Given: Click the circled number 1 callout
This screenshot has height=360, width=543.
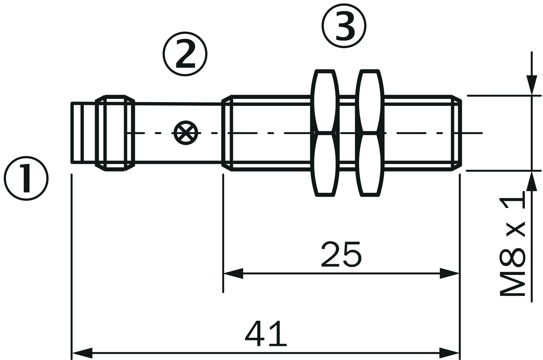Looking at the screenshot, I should click(26, 179).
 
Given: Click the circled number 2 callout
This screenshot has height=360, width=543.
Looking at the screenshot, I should click(185, 53).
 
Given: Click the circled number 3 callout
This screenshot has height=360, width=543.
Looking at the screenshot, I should click(344, 26).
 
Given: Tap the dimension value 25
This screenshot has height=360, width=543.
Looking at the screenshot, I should click(341, 254).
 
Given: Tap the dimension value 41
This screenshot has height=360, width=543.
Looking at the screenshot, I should click(266, 333).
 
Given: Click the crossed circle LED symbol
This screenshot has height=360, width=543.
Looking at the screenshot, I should click(186, 133).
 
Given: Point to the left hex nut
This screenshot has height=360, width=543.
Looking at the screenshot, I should click(325, 133).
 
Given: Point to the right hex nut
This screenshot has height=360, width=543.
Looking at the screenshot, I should click(370, 133).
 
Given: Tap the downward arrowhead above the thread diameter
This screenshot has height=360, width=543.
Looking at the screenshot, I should click(532, 85).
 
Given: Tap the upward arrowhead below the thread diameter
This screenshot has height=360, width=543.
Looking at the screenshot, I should click(532, 181).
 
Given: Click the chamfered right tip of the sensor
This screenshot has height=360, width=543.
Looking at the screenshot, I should click(456, 133).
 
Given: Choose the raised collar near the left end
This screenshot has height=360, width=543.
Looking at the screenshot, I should click(115, 133).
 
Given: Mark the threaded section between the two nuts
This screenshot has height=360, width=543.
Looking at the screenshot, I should click(348, 133).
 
